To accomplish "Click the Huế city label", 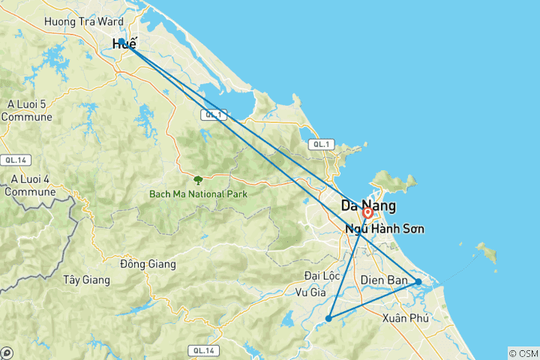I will tap(124, 45).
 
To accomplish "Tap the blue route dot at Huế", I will tap(121, 42).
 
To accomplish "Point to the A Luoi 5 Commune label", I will tap(27, 110).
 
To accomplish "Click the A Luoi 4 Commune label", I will tap(30, 185).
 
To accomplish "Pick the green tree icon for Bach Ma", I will tap(198, 179).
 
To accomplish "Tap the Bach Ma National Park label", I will tap(198, 193).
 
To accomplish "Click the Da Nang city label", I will tap(368, 205).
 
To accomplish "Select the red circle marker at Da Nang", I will tap(368, 213).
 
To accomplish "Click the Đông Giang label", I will tap(148, 264).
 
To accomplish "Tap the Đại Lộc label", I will tap(322, 275).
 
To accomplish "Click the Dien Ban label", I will tap(384, 280).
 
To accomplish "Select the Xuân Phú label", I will tap(405, 318).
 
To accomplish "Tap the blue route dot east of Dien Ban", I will tap(418, 282).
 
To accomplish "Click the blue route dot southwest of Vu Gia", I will tap(328, 318).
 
